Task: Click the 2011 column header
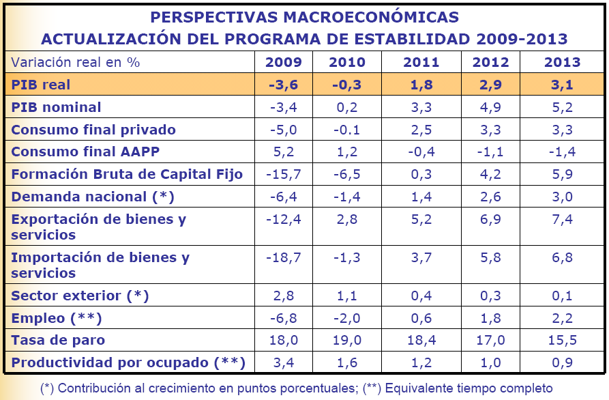(x=421, y=63)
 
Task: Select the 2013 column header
(x=562, y=63)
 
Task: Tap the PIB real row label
(x=41, y=85)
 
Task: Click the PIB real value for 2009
(x=283, y=85)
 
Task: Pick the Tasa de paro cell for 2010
(x=347, y=340)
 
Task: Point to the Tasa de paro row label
(x=58, y=340)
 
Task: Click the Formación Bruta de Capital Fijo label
(x=127, y=174)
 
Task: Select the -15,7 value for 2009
(x=283, y=174)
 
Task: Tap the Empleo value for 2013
(x=562, y=318)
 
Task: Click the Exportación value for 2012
(x=490, y=220)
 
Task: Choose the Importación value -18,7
(x=283, y=258)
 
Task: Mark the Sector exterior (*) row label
(x=80, y=296)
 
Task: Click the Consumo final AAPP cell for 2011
(x=421, y=152)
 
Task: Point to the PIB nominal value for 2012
(x=490, y=107)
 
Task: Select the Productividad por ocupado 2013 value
(x=562, y=362)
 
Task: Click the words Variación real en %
(x=75, y=62)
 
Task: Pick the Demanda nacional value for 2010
(x=347, y=197)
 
